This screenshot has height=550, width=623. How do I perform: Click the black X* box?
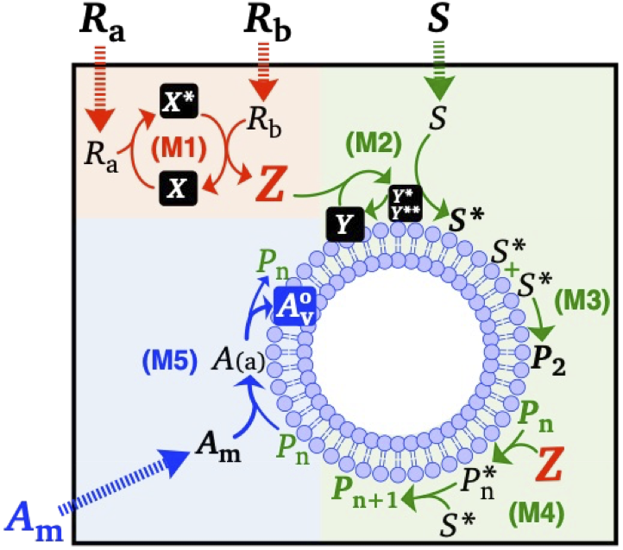point(179,101)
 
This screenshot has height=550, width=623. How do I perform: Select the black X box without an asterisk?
point(179,188)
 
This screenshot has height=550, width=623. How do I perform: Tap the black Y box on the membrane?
point(345,224)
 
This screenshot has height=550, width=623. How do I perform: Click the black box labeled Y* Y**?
point(406,203)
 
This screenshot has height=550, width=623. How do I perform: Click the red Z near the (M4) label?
point(550,464)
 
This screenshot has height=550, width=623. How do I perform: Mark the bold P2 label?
point(549,362)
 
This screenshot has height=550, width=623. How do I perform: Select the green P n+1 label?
point(365,490)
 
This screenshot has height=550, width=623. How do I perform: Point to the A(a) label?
point(239,360)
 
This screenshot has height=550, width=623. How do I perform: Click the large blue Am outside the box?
point(35,521)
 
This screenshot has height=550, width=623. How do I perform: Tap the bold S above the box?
point(438,18)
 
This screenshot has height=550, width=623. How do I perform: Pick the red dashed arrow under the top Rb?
point(262,73)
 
